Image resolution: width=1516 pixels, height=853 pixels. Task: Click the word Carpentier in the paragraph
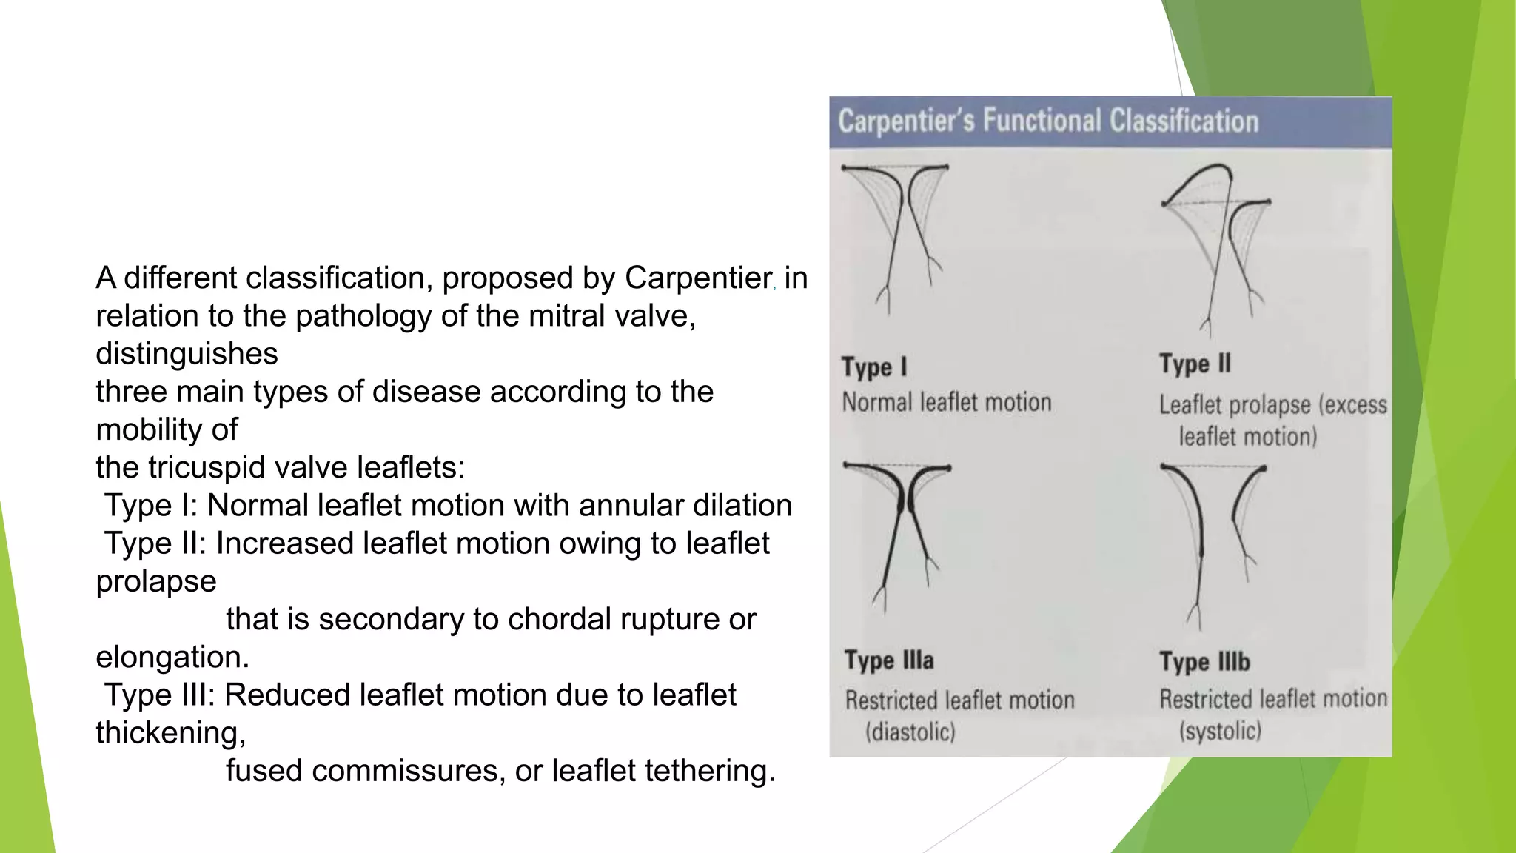coord(697,278)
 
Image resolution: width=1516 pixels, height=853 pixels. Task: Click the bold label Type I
coord(874,367)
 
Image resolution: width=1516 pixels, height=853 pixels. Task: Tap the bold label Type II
coord(1195,364)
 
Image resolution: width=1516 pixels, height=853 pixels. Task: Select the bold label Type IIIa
coord(889,660)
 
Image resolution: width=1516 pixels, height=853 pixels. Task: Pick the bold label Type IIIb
coord(1204,661)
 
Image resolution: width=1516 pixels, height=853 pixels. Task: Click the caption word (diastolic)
coord(910,732)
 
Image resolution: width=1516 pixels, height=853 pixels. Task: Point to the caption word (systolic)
coord(1220,731)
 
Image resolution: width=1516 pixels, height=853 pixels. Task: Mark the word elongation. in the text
coord(172,658)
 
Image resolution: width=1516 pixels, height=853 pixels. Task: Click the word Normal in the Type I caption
coord(877,402)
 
